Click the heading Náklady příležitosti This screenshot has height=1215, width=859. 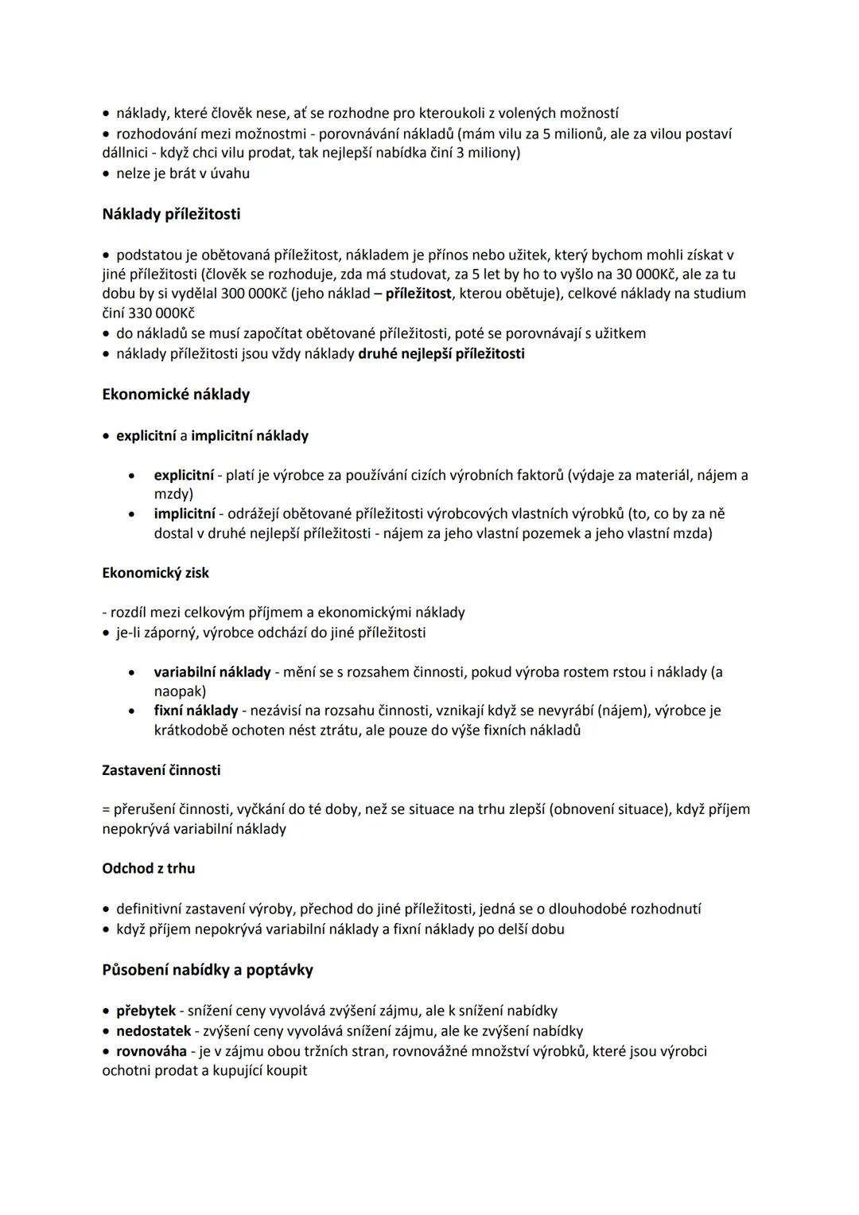tap(171, 214)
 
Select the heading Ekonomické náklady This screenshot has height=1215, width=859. tap(176, 394)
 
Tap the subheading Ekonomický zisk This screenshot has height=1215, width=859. tap(156, 572)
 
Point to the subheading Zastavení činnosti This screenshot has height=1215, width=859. tap(161, 770)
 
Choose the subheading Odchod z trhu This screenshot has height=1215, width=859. tap(149, 868)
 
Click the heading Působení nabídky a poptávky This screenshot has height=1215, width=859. tap(208, 969)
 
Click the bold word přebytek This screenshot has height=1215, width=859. tap(146, 1011)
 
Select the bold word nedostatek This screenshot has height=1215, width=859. tap(154, 1030)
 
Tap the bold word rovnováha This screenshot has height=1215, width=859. tap(151, 1050)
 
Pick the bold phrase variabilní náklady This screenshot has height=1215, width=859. tap(212, 672)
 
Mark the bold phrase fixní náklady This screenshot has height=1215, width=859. tap(196, 710)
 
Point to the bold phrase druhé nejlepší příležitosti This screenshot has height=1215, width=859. tap(441, 353)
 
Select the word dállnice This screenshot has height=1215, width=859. tap(126, 152)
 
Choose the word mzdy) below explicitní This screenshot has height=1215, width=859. tap(173, 494)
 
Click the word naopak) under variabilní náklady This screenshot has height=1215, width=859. tap(180, 691)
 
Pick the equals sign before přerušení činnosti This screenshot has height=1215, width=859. tap(106, 809)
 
